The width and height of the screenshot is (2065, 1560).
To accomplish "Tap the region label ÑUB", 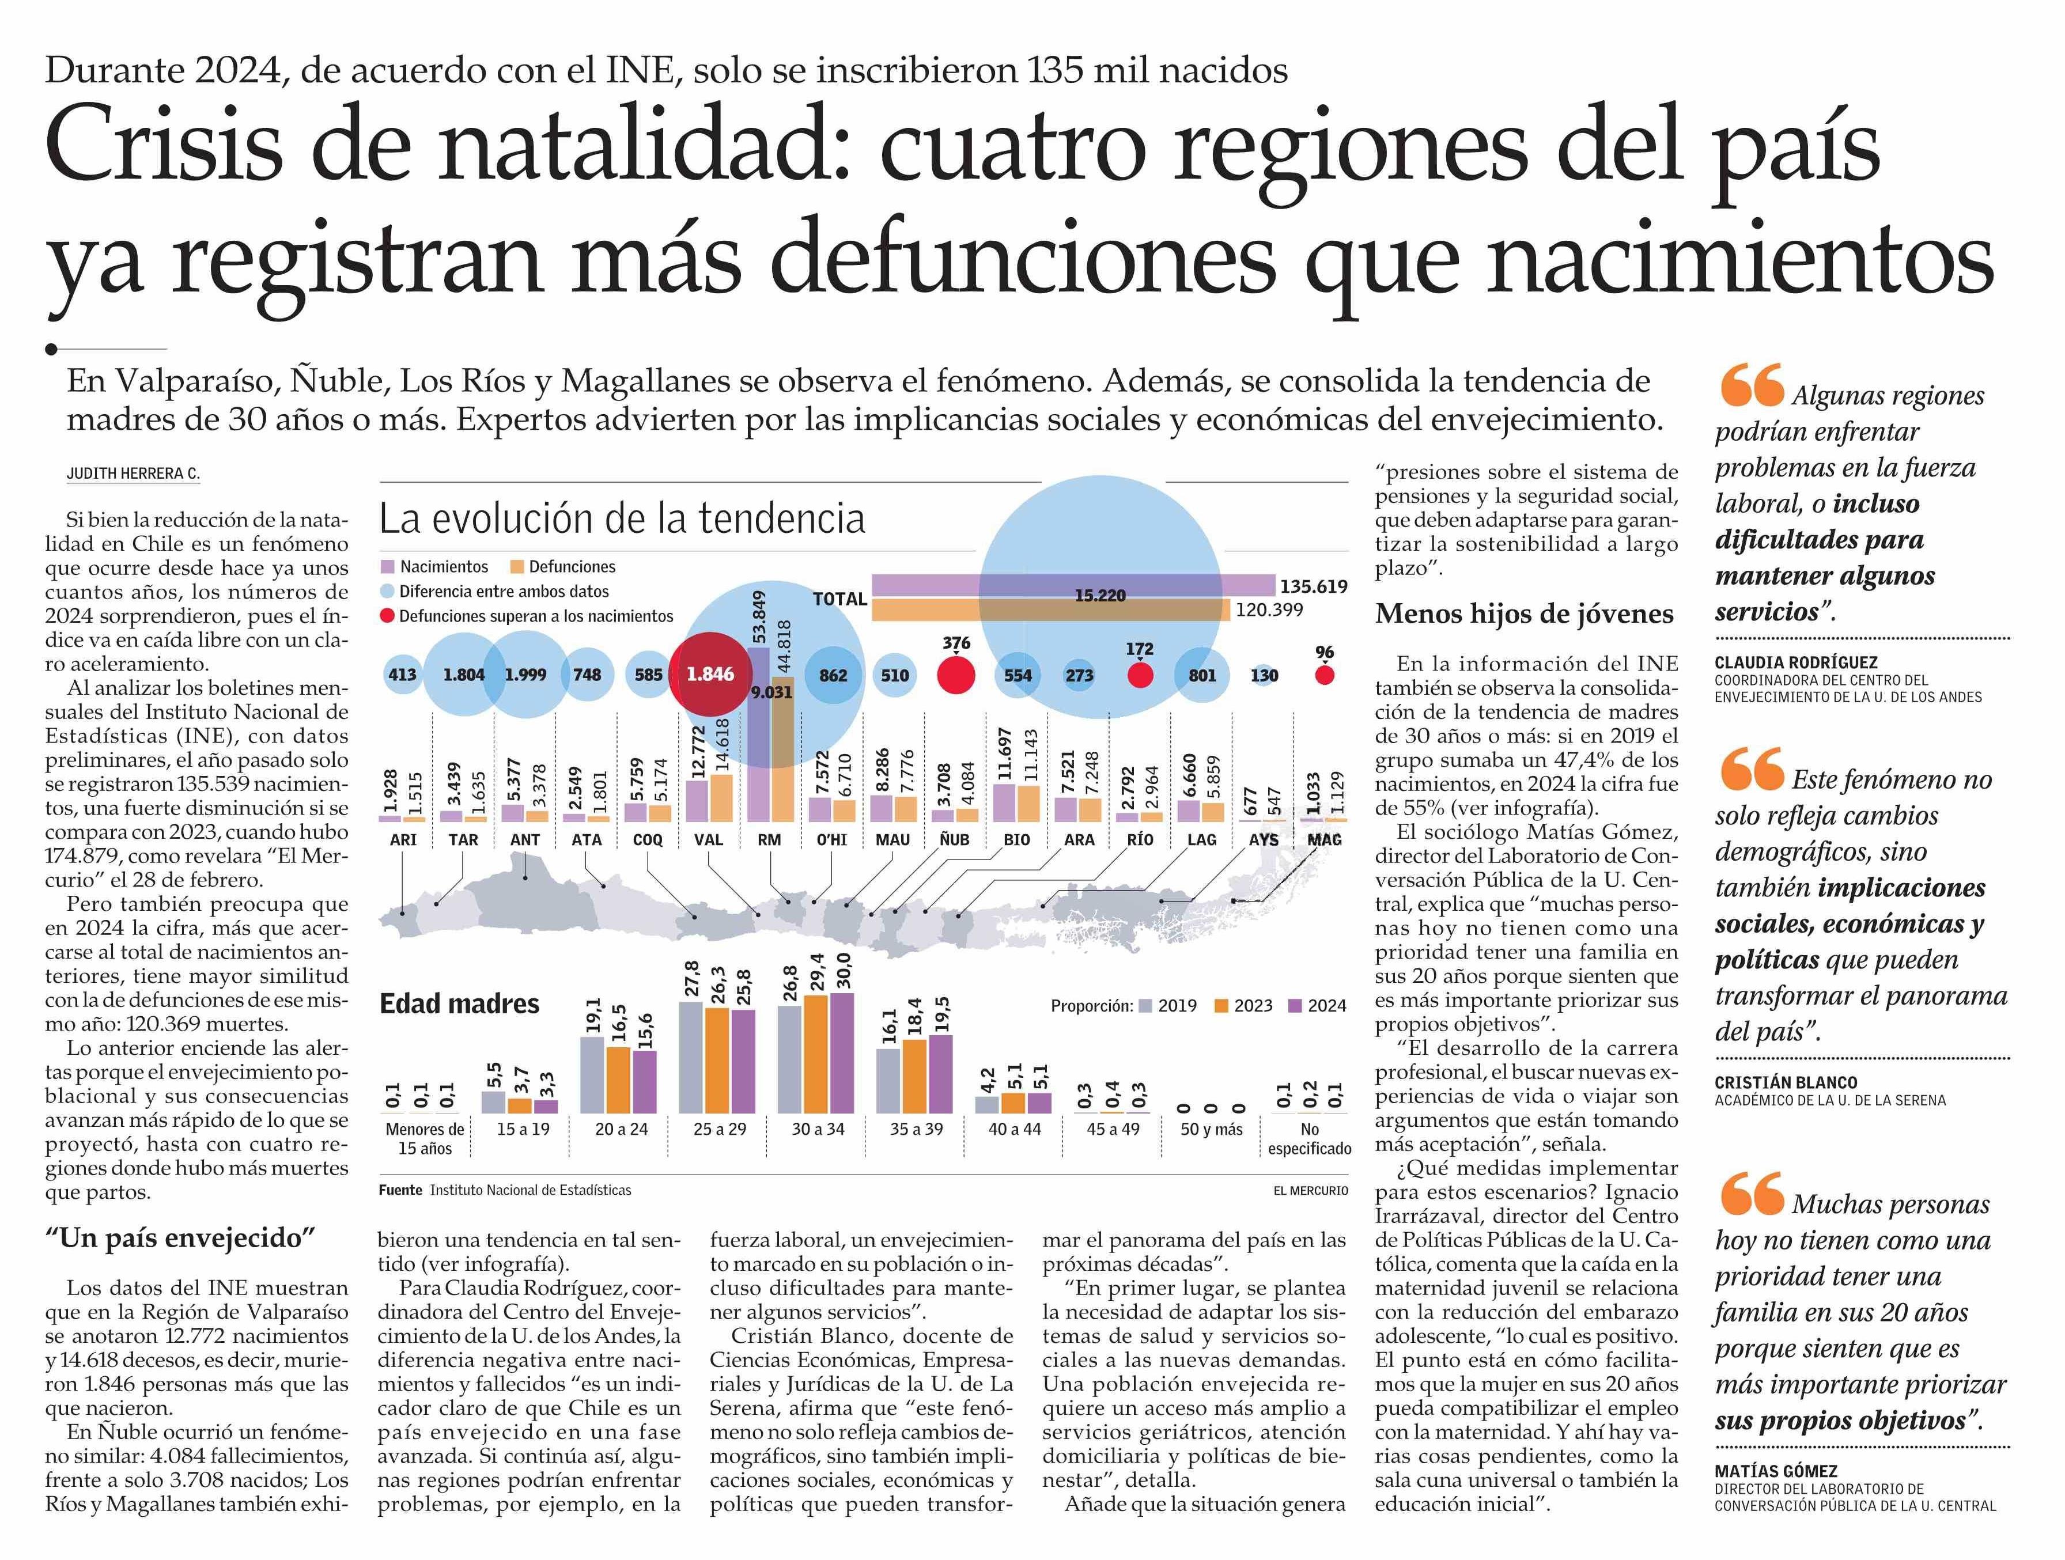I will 954,839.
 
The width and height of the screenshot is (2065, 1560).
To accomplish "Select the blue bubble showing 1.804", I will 464,674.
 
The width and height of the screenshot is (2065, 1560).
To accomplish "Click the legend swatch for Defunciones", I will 517,567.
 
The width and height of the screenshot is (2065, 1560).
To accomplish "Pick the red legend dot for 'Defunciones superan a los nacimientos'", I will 387,616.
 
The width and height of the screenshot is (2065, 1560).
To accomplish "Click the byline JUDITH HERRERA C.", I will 133,474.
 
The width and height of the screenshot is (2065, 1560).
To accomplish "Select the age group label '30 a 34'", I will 818,1129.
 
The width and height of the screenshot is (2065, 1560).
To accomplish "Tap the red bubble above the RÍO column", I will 1140,675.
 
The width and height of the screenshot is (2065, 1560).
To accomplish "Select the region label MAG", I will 1324,839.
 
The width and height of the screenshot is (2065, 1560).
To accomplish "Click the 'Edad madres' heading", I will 459,1004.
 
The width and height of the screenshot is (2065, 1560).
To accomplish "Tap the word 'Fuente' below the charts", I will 399,1190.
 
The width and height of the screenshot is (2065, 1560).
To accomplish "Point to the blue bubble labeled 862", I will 833,675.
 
